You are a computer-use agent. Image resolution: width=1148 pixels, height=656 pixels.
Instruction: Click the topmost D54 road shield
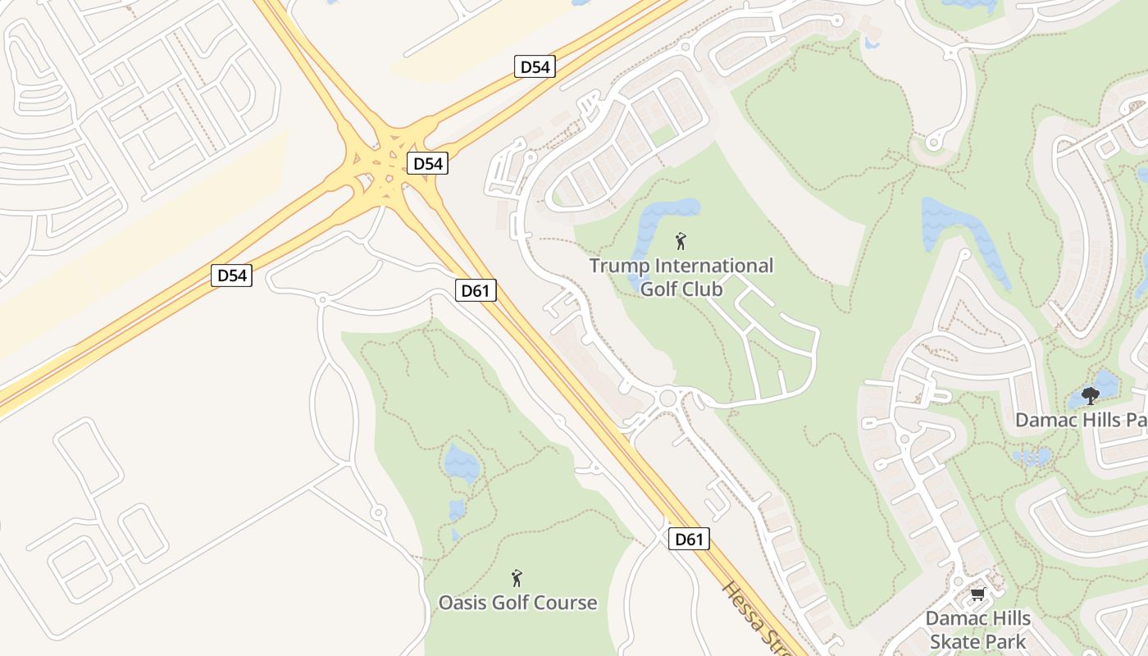tap(535, 67)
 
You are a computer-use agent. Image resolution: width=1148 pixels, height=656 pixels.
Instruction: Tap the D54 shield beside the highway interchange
tap(427, 163)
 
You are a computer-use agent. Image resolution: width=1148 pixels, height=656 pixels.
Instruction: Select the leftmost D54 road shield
tap(231, 276)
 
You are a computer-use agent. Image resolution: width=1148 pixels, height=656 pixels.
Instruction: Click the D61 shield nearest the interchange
tap(476, 289)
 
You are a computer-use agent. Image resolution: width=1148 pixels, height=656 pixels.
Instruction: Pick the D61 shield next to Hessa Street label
tap(689, 539)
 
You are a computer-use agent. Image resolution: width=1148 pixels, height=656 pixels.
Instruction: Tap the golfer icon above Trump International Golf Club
tap(680, 241)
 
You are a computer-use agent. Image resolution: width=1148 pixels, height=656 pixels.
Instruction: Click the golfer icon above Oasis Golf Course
tap(517, 578)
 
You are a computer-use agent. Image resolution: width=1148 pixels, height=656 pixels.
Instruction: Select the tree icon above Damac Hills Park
tap(1090, 397)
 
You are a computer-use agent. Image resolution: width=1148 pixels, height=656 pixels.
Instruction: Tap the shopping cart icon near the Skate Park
tap(977, 594)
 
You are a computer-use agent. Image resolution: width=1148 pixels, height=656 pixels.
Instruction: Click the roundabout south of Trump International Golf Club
tap(667, 399)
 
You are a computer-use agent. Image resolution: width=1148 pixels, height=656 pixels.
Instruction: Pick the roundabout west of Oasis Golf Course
tap(378, 512)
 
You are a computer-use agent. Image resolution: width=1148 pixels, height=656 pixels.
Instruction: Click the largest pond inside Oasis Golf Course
tap(462, 462)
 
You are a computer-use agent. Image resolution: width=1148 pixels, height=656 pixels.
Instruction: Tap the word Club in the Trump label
tap(705, 289)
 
